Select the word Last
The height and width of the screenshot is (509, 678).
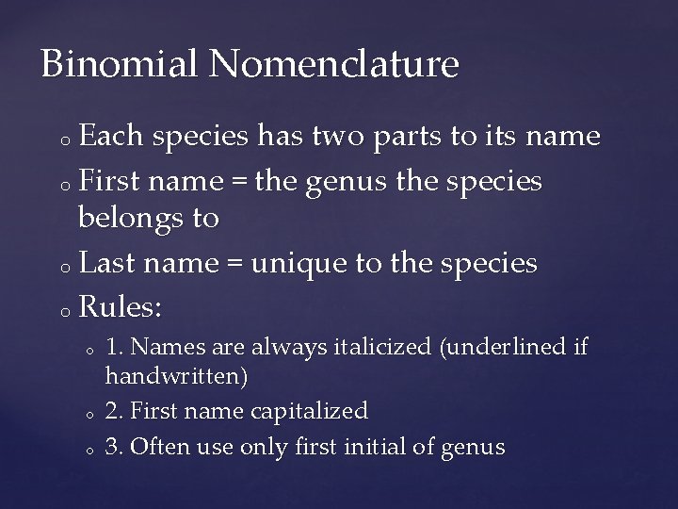112,263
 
